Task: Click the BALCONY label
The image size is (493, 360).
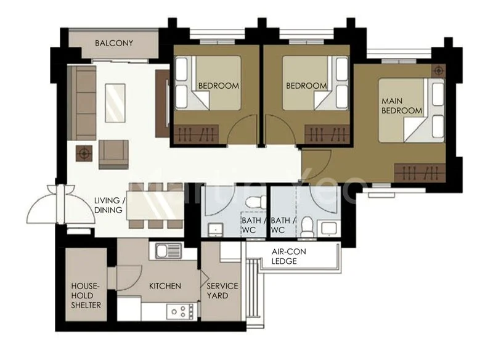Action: pyautogui.click(x=114, y=43)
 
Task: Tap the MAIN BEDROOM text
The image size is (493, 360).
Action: pyautogui.click(x=402, y=105)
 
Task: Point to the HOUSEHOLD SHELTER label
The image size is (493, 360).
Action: pyautogui.click(x=86, y=295)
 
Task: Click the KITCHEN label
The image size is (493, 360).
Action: pyautogui.click(x=165, y=286)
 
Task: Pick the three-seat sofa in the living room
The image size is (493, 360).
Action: pyautogui.click(x=84, y=103)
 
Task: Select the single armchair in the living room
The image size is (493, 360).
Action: pyautogui.click(x=114, y=153)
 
